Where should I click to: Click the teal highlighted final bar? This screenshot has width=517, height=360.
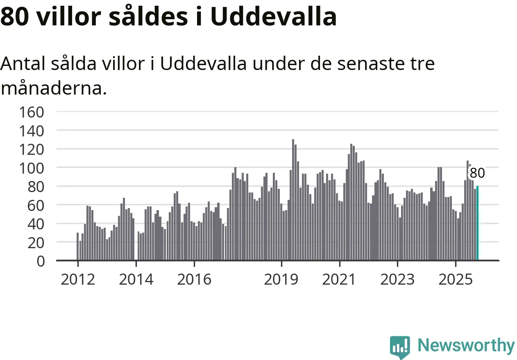tap(477, 223)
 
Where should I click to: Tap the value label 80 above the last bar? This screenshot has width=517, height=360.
tap(477, 173)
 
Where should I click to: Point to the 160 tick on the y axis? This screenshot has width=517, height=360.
tap(32, 112)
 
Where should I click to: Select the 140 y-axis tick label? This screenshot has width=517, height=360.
tap(32, 131)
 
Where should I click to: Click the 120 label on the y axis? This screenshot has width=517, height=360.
tap(32, 149)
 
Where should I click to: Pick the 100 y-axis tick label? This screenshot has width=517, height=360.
tap(32, 168)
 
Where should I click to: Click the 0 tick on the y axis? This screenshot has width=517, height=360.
tap(40, 261)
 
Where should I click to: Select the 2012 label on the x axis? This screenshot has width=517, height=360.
tap(78, 280)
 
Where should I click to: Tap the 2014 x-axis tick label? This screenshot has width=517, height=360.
tap(136, 280)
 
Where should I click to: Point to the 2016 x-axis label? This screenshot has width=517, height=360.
tap(194, 280)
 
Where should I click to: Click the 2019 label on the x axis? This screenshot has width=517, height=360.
tap(281, 280)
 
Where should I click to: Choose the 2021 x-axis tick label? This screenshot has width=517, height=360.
tap(340, 280)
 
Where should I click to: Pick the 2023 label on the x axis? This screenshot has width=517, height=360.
tap(397, 280)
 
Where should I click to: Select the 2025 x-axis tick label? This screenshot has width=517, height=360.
tap(456, 280)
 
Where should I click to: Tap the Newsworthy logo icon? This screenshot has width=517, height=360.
tap(400, 347)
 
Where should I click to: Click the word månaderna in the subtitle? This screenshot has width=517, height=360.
tap(53, 88)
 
